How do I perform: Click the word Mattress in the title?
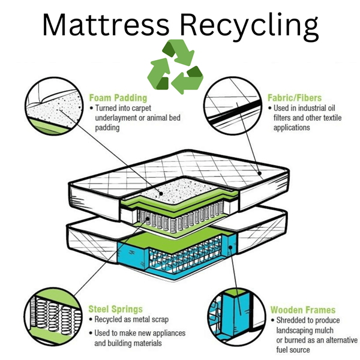(106, 25)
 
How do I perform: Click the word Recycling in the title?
(249, 27)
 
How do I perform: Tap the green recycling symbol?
(175, 67)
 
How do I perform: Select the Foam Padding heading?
(118, 98)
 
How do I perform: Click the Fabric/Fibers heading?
(295, 98)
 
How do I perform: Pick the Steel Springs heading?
(115, 309)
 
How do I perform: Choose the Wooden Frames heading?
(303, 310)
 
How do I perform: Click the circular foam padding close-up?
(54, 106)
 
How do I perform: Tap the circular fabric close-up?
(233, 106)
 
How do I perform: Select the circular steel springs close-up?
(53, 316)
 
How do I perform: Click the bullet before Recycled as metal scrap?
(91, 319)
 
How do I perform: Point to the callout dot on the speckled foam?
(161, 194)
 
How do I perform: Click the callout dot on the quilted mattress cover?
(260, 173)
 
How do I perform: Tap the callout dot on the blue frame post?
(230, 247)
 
